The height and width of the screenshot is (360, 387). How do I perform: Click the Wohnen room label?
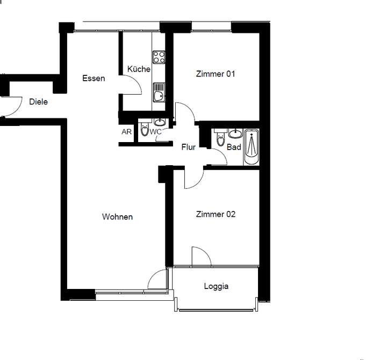(x=117, y=217)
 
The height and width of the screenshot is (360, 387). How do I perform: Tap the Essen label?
(x=94, y=79)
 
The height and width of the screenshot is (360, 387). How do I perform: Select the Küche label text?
(x=139, y=69)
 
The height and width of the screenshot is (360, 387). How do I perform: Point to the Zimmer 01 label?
(x=216, y=74)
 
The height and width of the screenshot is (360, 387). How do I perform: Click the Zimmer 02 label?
(x=216, y=214)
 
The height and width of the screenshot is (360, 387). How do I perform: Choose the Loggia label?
(x=216, y=286)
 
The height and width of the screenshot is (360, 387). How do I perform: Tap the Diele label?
(x=38, y=101)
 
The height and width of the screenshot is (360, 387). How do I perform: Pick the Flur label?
(x=188, y=146)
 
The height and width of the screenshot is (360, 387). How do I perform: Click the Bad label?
(x=234, y=147)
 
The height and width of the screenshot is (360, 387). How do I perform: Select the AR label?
(x=126, y=132)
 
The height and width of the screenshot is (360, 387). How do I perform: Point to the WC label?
(x=155, y=132)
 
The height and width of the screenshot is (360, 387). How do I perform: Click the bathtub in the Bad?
(x=251, y=146)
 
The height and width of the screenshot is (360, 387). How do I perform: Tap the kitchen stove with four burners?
(x=159, y=58)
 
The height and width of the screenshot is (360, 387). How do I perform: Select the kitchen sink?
(x=159, y=93)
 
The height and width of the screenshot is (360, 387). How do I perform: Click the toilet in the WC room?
(x=144, y=130)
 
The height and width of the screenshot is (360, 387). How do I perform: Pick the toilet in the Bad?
(x=219, y=139)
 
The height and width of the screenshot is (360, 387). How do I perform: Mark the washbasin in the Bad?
(x=235, y=133)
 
